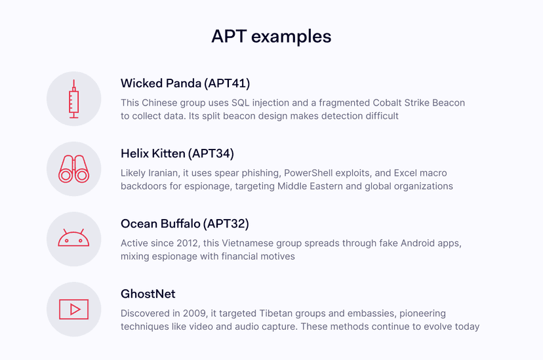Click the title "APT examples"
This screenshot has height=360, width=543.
click(271, 35)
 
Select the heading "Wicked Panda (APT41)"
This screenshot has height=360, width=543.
click(185, 83)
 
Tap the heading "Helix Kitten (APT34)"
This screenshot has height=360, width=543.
click(177, 153)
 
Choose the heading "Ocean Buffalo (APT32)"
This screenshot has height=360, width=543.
click(184, 224)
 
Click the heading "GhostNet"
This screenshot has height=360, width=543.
click(148, 294)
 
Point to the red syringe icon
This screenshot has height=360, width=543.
click(73, 99)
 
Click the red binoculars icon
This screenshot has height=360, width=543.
click(73, 169)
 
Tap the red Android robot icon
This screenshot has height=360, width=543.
click(73, 239)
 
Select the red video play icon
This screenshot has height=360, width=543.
click(73, 309)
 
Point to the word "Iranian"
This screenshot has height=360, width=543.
click(171, 174)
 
